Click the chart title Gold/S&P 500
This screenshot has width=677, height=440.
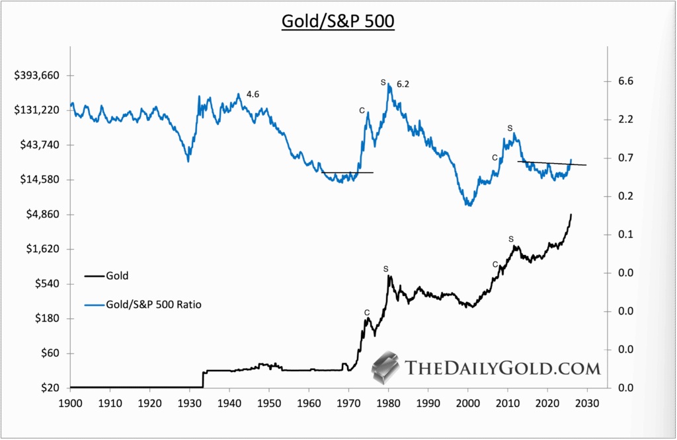(338, 21)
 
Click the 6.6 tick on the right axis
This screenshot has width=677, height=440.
(625, 81)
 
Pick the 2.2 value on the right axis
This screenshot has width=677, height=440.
(625, 120)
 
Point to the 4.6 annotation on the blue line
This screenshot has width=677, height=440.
(253, 94)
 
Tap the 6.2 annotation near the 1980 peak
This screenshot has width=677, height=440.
(403, 85)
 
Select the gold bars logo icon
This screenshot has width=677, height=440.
(387, 368)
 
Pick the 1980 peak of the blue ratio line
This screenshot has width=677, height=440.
(389, 85)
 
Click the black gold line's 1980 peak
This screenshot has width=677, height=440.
(389, 276)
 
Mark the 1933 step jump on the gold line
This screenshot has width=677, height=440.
(203, 379)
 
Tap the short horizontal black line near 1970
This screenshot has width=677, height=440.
(348, 172)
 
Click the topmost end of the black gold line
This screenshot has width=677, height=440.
(571, 215)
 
